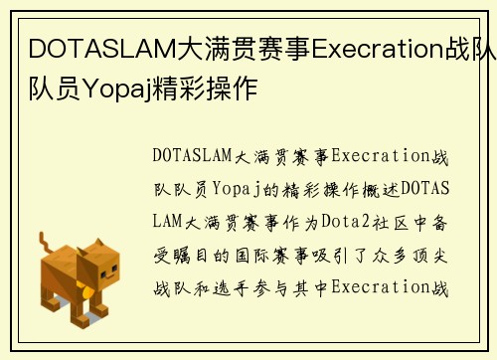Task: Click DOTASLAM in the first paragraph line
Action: coord(190,156)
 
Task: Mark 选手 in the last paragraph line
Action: coord(241,288)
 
